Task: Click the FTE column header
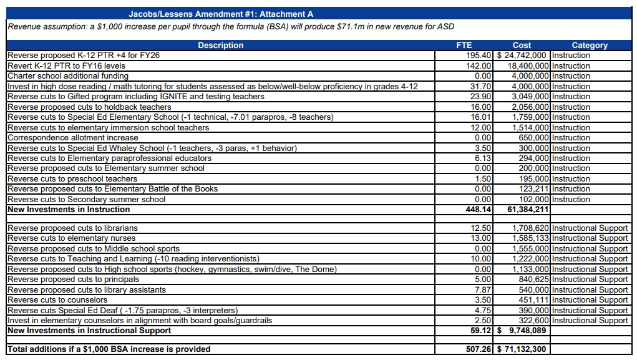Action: (464, 45)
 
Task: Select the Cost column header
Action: (522, 45)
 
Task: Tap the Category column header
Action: (590, 45)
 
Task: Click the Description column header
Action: (221, 45)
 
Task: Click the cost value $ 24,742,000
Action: (522, 56)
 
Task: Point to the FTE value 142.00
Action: (479, 66)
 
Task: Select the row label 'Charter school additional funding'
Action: (68, 76)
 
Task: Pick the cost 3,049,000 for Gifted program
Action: (530, 96)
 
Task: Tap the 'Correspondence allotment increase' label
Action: (73, 138)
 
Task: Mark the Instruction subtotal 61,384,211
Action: (528, 209)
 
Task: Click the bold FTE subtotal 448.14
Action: (479, 209)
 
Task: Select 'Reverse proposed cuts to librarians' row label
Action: (73, 228)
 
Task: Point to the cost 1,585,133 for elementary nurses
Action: (530, 238)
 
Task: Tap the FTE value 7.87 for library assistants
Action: (483, 289)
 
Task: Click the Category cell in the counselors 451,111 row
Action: (590, 300)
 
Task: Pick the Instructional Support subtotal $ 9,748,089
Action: (522, 330)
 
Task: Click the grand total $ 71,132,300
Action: (522, 349)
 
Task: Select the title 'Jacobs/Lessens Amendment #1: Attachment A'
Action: (221, 14)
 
